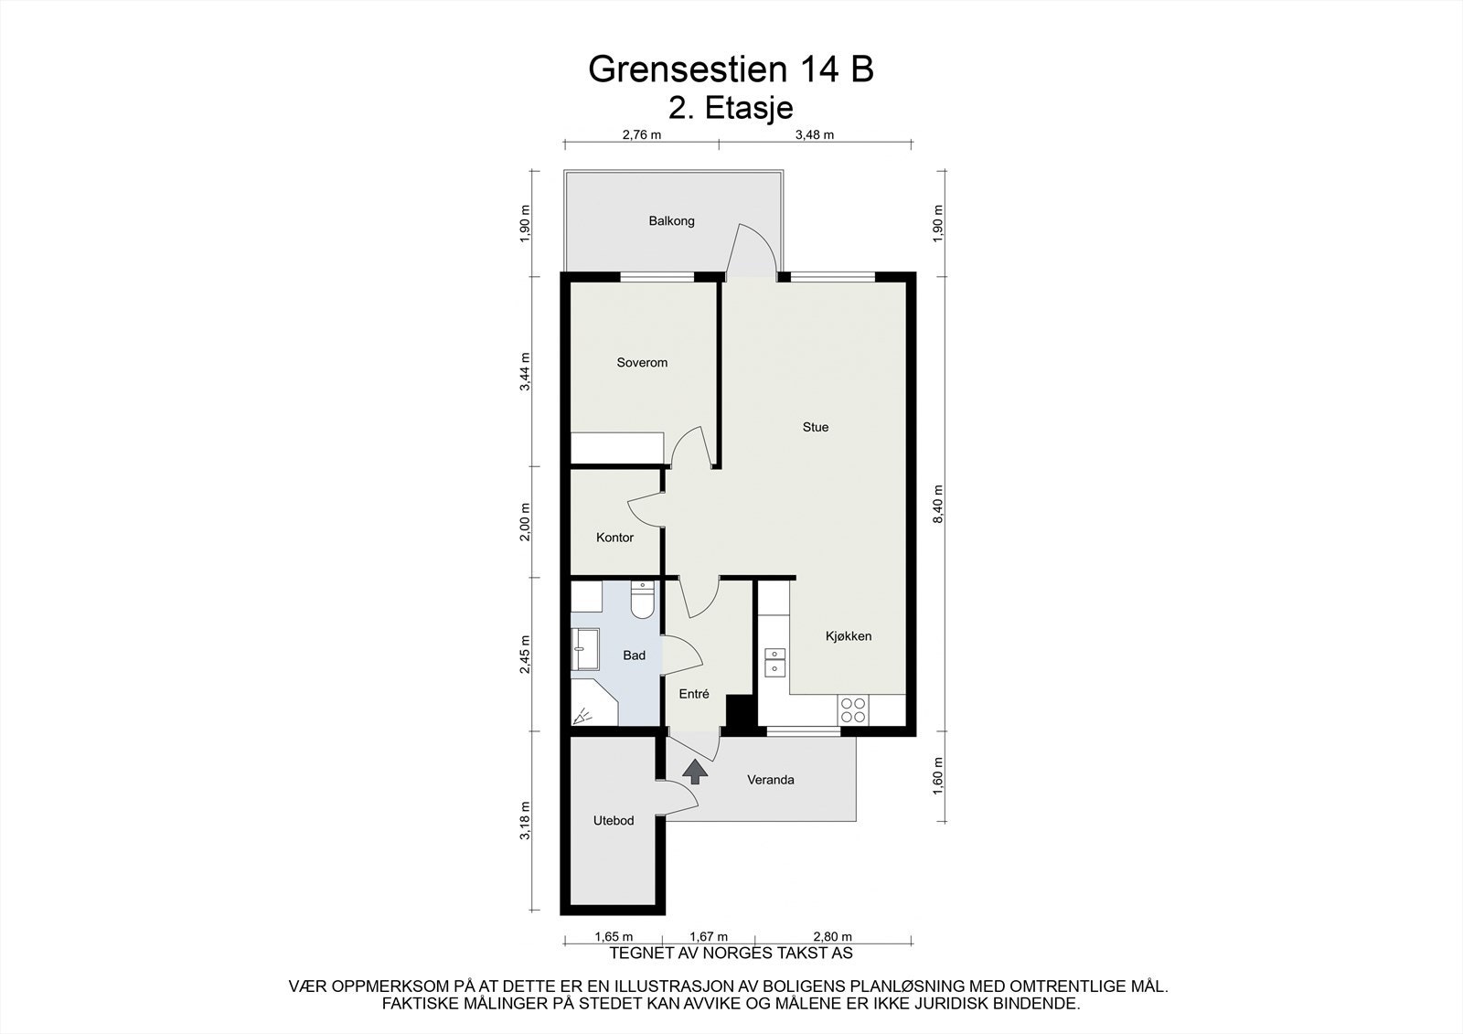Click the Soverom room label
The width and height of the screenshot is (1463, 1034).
[642, 363]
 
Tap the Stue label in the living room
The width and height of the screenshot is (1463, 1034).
[816, 427]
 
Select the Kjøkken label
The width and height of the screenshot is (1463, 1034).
[849, 636]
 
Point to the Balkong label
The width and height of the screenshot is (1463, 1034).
[671, 220]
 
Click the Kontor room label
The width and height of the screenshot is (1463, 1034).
[614, 538]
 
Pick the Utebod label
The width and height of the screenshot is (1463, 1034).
[614, 820]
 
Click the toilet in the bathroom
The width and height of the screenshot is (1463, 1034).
[643, 600]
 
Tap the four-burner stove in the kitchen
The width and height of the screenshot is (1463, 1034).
[854, 710]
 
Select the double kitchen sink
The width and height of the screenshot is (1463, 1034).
[775, 662]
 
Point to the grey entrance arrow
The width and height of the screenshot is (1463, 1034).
[695, 772]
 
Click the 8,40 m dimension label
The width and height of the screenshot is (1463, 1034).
[938, 504]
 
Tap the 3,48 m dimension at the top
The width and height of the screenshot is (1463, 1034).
[815, 135]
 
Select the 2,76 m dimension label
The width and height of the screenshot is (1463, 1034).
[641, 135]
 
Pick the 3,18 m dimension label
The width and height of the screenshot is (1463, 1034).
[525, 820]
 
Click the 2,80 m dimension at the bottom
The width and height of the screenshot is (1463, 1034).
[833, 937]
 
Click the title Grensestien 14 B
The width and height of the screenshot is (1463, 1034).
[731, 69]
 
